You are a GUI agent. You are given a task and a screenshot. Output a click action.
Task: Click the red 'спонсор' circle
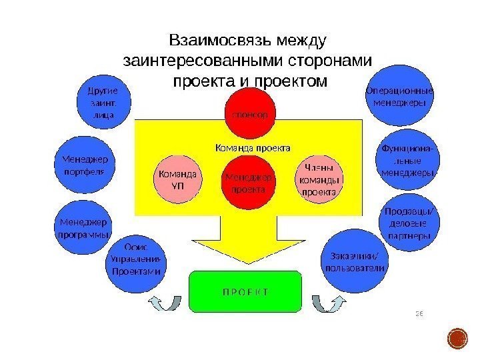(x=250, y=115)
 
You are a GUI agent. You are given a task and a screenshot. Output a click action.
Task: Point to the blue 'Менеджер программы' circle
(x=82, y=228)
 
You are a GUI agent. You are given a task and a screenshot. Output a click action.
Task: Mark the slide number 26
(x=420, y=311)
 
